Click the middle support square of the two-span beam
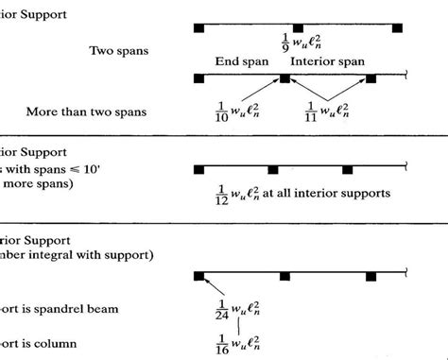[x=297, y=28]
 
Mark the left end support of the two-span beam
[x=199, y=28]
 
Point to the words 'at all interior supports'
[x=325, y=194]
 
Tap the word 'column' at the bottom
[x=57, y=343]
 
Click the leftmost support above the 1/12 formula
[x=199, y=169]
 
